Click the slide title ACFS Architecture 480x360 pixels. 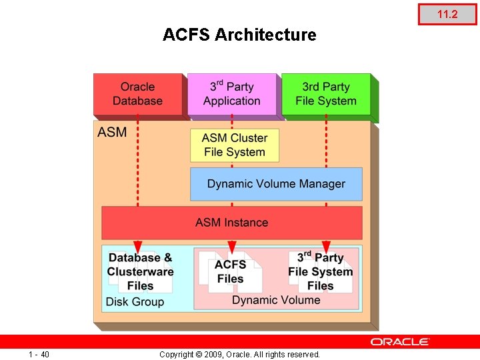239,35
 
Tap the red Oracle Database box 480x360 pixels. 137,94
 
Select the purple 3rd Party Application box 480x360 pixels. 231,94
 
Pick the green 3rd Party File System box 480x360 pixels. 325,94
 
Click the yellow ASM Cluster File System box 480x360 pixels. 235,145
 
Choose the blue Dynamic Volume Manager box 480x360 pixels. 276,184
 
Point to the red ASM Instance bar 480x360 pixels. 231,223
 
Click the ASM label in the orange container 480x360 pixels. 112,132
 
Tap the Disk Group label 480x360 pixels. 135,302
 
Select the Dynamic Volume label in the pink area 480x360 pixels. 276,300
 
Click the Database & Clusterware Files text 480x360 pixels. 140,272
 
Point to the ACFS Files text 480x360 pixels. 231,271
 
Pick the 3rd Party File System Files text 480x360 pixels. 321,271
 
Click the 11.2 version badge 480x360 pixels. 447,14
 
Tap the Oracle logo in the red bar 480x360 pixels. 400,341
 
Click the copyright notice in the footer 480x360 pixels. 239,354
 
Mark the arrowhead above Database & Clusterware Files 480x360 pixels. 137,246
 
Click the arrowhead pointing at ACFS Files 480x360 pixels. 231,246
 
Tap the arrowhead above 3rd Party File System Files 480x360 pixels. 326,246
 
